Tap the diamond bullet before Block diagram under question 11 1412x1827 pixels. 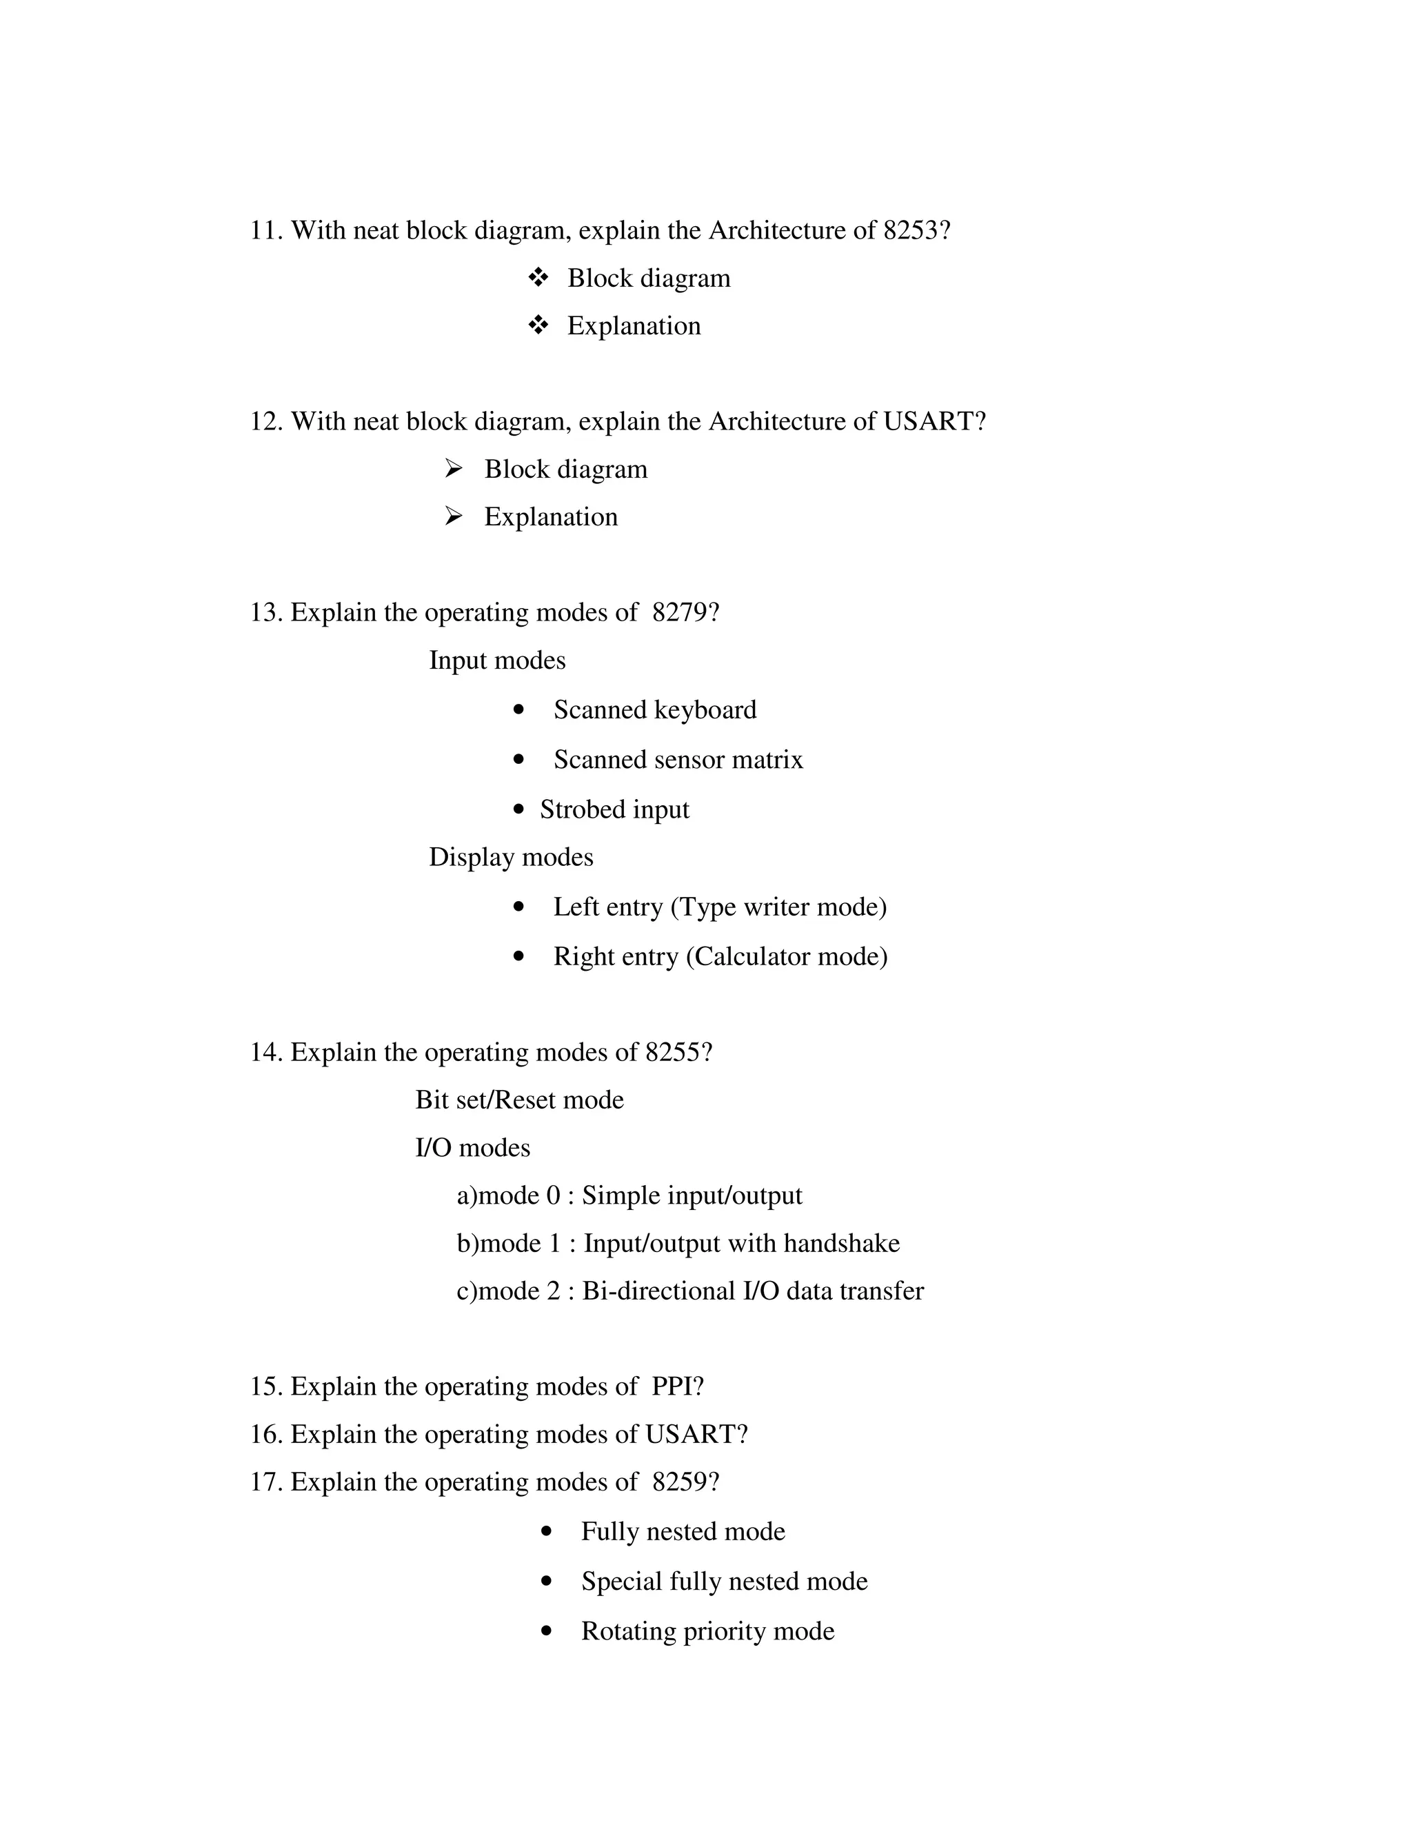(538, 277)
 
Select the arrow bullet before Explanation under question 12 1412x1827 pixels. (454, 516)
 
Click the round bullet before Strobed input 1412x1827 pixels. (519, 809)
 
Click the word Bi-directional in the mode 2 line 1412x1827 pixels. (658, 1291)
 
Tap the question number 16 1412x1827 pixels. (265, 1435)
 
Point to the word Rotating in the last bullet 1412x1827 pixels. (628, 1631)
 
